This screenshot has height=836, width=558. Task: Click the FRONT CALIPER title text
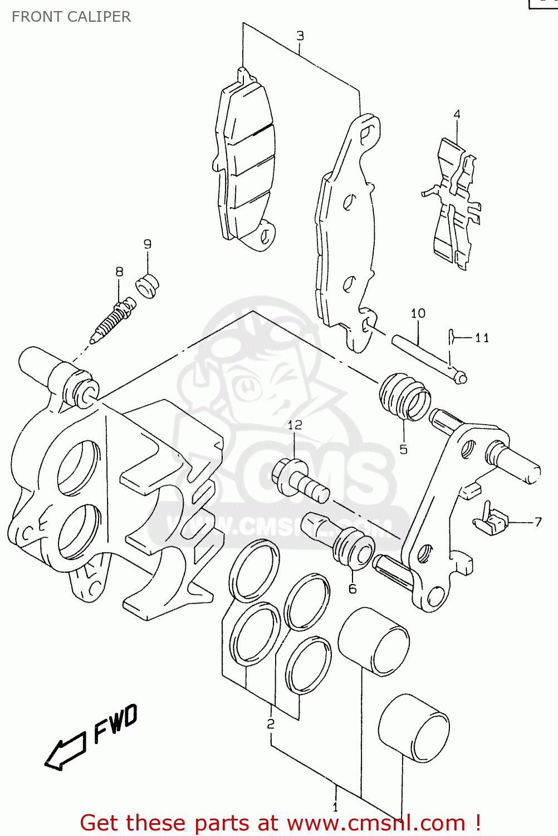[x=71, y=17]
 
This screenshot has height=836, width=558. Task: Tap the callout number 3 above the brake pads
[x=300, y=36]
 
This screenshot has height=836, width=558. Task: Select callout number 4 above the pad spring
[x=457, y=114]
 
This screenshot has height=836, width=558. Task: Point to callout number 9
[x=147, y=244]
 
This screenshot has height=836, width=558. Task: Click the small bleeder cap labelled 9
[x=148, y=285]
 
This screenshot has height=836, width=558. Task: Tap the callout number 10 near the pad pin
[x=418, y=313]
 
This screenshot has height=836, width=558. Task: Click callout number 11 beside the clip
[x=482, y=338]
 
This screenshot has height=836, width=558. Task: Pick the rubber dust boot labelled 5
[x=404, y=397]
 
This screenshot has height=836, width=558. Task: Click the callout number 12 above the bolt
[x=295, y=425]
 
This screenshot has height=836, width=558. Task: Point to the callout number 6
[x=353, y=589]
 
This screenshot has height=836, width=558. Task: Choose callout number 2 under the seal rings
[x=271, y=723]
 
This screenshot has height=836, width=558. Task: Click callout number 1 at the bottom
[x=335, y=806]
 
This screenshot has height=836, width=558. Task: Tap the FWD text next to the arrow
[x=115, y=723]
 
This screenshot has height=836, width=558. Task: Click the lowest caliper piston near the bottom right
[x=414, y=728]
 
